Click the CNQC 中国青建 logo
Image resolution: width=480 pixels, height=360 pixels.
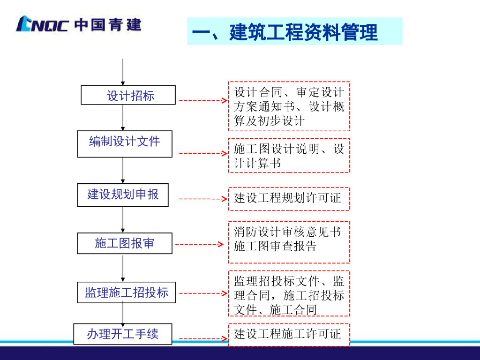[x=78, y=24]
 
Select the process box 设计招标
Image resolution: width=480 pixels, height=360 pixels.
[x=128, y=95]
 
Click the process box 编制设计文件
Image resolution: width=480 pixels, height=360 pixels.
[x=125, y=143]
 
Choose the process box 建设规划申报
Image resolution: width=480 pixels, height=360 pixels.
[x=123, y=195]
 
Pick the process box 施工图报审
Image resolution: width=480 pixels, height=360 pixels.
[x=125, y=244]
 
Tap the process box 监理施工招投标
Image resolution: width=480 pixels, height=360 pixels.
[x=127, y=292]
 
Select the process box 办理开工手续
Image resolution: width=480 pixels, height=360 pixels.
[x=123, y=334]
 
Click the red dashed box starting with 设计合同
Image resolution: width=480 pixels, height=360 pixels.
[x=289, y=106]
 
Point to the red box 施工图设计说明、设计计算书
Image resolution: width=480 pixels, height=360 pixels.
[x=289, y=156]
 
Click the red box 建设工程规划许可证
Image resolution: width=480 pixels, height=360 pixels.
[x=289, y=199]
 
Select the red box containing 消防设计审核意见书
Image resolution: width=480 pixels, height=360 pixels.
[x=289, y=242]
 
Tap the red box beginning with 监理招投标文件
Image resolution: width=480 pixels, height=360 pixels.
[x=289, y=294]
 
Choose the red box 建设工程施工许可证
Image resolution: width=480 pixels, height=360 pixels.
[x=289, y=335]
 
